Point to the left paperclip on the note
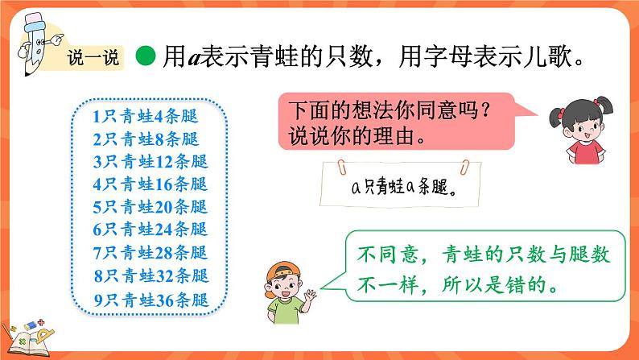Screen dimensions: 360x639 click(x=341, y=166)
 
